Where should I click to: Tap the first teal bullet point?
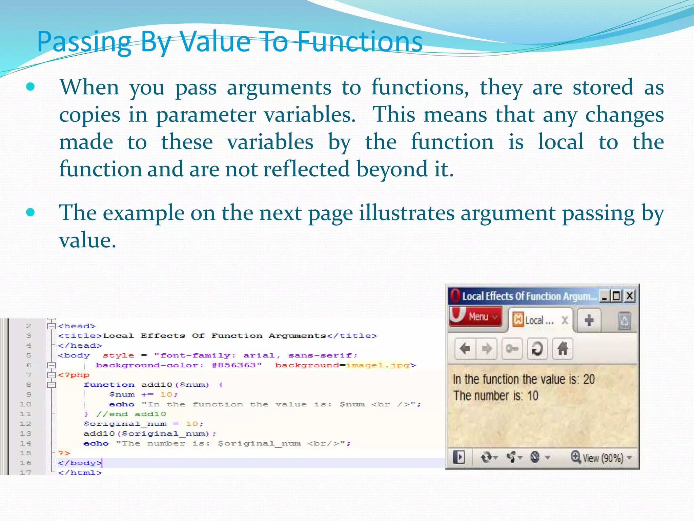30,87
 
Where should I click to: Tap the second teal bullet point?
30,212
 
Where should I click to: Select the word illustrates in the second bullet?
407,213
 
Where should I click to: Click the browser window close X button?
629,296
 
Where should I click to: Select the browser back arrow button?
465,348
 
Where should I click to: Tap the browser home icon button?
563,348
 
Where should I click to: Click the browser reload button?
537,348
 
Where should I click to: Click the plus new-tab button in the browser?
589,320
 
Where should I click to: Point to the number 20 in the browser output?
589,379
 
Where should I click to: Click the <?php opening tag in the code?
74,375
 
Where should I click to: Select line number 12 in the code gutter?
25,424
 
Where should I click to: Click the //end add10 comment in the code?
131,414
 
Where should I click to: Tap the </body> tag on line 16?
79,463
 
